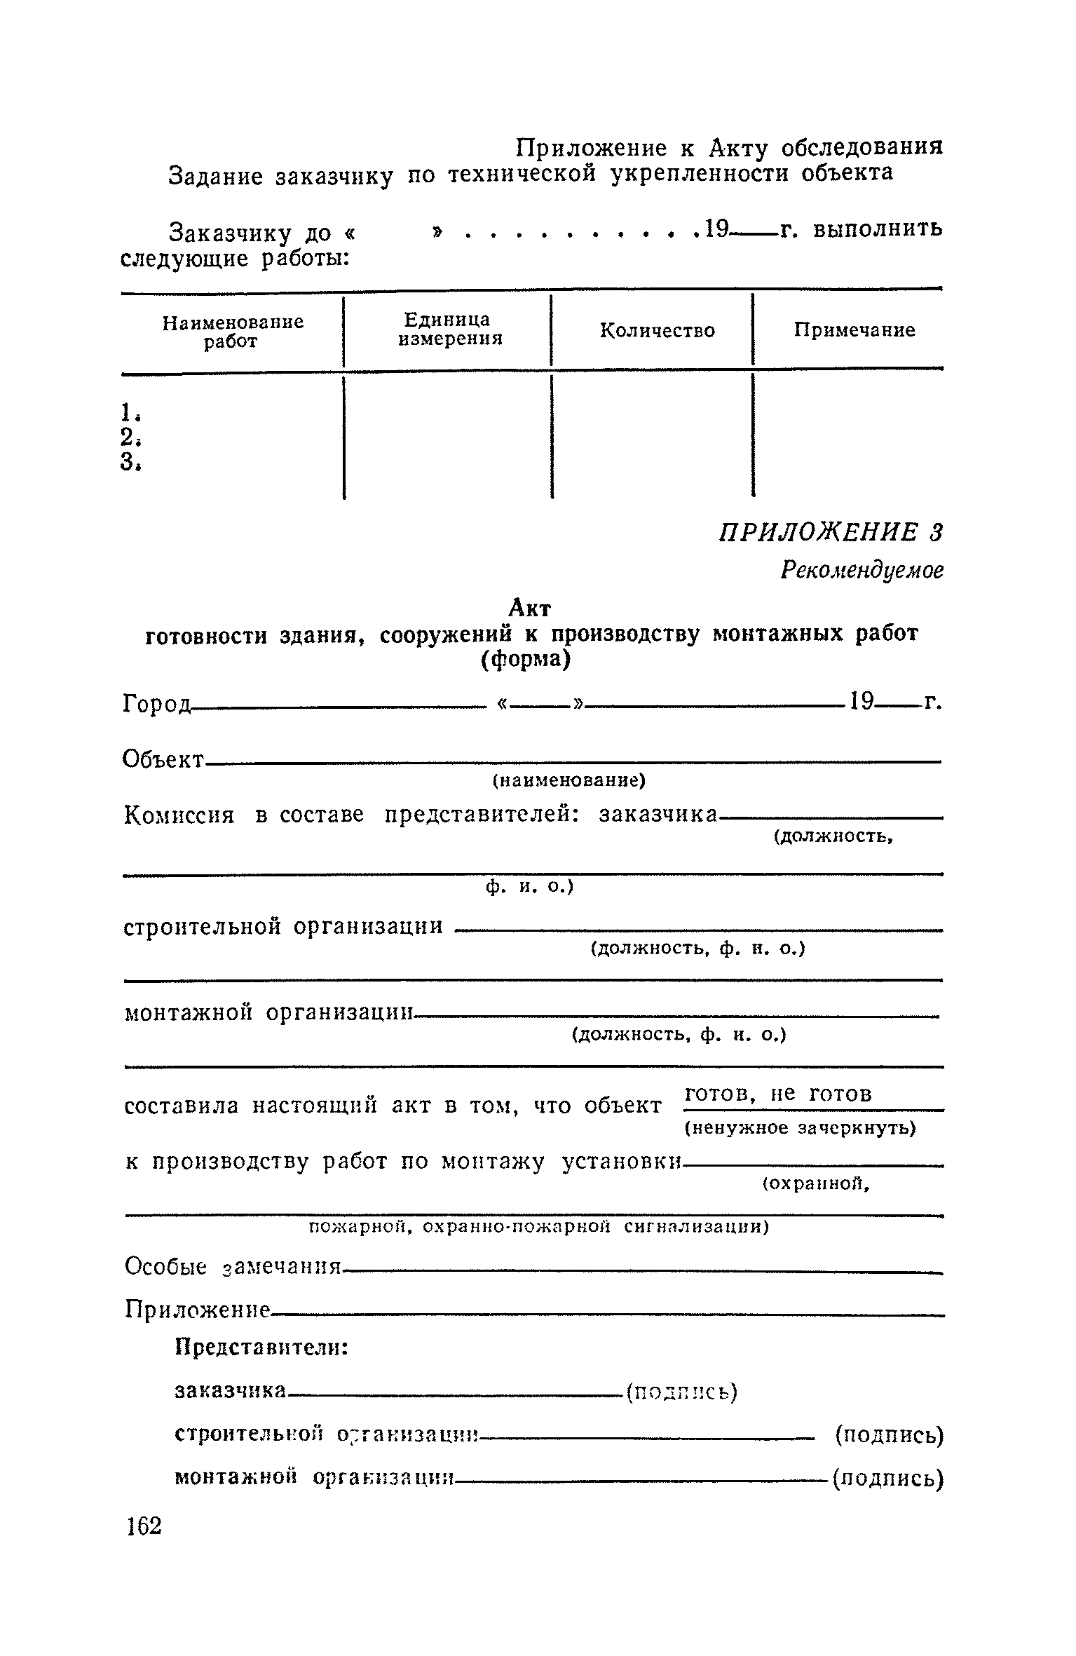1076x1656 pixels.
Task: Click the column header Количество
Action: pyautogui.click(x=657, y=330)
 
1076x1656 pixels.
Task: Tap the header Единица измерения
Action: pyautogui.click(x=450, y=330)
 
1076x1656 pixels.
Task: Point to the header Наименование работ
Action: pyautogui.click(x=233, y=332)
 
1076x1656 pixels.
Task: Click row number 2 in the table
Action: pyautogui.click(x=128, y=437)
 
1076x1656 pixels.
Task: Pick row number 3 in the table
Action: pyautogui.click(x=128, y=462)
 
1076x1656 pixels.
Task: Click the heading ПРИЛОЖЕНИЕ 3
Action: pyautogui.click(x=831, y=533)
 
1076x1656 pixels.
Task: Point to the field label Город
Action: pyautogui.click(x=156, y=703)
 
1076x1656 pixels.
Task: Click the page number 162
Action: pyautogui.click(x=144, y=1526)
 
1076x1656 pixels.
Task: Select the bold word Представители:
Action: pyautogui.click(x=261, y=1348)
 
